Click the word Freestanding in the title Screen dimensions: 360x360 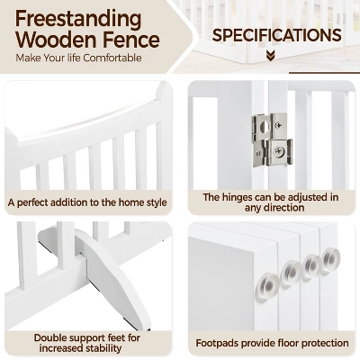pos(78,20)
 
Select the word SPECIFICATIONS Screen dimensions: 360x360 pos(276,35)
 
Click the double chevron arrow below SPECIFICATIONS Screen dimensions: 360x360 pos(271,56)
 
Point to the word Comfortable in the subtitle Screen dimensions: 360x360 pos(112,58)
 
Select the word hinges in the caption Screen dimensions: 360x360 pos(237,198)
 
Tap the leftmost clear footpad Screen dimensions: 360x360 pos(267,286)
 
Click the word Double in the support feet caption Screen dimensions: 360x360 pos(49,337)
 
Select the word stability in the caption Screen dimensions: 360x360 pos(103,348)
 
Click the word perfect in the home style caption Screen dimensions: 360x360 pos(32,202)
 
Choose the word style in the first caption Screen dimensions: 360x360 pos(155,202)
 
